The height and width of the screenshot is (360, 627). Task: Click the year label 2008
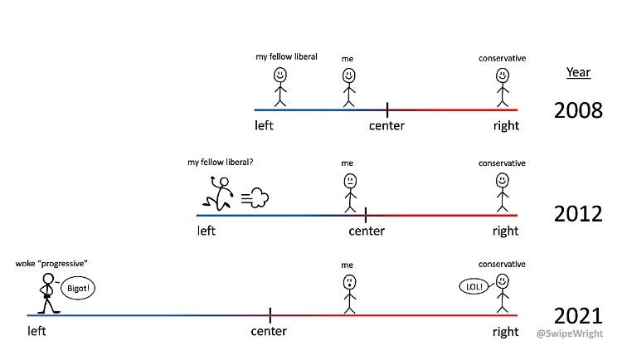tap(578, 109)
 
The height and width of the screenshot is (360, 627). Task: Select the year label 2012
tap(578, 214)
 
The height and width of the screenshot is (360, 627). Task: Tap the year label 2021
tap(578, 316)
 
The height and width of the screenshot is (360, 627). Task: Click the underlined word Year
tap(578, 72)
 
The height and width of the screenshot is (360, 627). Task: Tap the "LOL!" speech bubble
tap(474, 286)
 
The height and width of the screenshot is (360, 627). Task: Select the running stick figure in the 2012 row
tap(218, 193)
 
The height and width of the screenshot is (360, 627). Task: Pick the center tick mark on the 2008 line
tap(387, 109)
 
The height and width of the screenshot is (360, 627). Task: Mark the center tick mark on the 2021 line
tap(270, 315)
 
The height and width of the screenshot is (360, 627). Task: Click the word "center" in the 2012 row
tap(367, 231)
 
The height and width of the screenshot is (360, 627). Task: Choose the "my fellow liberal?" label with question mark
tap(221, 163)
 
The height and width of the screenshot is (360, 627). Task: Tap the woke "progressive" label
tap(51, 264)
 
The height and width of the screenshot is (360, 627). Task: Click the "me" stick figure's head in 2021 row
tap(349, 283)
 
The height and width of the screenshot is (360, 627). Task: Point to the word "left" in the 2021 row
tap(36, 332)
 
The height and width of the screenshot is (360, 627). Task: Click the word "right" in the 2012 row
tap(505, 231)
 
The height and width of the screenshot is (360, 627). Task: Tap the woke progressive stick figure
tap(46, 294)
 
